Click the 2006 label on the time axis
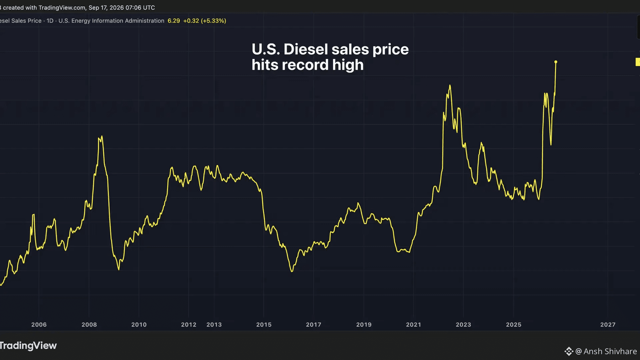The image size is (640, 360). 39,325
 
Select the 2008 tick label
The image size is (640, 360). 89,325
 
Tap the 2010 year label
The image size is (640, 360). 139,325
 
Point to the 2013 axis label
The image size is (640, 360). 214,325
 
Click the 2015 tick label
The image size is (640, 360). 264,325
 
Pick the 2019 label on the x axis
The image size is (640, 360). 364,325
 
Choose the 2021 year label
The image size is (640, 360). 414,325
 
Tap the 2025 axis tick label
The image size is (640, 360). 514,325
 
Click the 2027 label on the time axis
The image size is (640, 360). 608,325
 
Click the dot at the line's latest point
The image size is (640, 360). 556,62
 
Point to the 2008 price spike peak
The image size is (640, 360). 102,136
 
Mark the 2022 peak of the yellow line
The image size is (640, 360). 450,85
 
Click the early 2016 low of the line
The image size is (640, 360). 292,271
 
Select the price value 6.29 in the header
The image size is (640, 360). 174,21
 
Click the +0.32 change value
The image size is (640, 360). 191,21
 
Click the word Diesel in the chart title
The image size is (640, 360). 306,49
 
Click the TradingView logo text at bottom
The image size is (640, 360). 28,346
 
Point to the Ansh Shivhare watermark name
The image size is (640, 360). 610,351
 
